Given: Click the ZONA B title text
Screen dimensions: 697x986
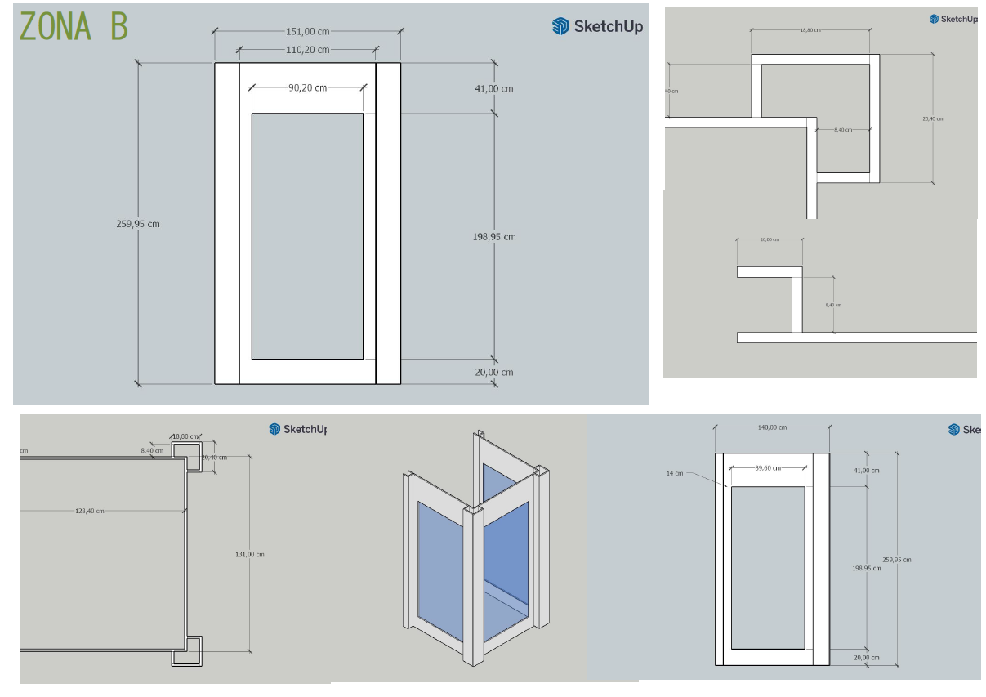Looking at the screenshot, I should [74, 26].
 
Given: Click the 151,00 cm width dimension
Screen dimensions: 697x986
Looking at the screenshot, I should [307, 32].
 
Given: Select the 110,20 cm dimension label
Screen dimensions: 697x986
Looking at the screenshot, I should [307, 50].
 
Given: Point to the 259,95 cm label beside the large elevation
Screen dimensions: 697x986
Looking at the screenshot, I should [137, 223].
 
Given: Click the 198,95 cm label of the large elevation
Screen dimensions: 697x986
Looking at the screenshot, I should [494, 237].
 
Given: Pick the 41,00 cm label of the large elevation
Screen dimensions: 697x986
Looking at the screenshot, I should [494, 88].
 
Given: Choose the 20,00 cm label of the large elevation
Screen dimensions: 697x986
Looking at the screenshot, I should [494, 372].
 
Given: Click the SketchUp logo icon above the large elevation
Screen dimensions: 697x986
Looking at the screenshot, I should [560, 26].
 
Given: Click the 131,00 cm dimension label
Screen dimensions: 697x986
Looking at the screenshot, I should [249, 554].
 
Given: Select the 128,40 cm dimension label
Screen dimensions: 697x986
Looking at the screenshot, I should [89, 511].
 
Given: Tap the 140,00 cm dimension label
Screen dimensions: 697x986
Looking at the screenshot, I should [772, 427].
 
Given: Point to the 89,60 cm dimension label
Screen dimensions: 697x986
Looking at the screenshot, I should [768, 468].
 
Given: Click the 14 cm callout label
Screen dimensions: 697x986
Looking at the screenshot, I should [674, 473].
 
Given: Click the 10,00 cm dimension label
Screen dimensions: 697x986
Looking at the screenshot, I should [769, 239].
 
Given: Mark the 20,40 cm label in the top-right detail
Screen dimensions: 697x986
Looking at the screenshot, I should [932, 118].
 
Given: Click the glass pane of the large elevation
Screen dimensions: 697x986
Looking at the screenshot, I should [307, 236].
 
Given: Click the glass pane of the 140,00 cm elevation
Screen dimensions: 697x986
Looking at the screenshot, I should [768, 567].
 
